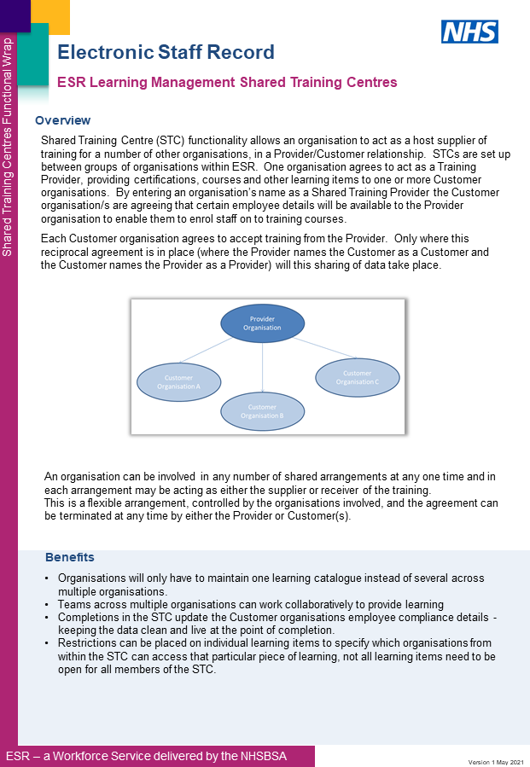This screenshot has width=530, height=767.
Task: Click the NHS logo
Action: [x=469, y=32]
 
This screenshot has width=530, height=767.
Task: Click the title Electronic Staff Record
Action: [x=166, y=52]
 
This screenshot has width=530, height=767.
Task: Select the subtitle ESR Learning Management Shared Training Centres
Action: [x=227, y=83]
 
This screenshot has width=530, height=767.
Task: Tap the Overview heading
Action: [x=62, y=120]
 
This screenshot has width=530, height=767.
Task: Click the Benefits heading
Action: [x=69, y=557]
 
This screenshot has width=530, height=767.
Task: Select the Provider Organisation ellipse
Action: [x=262, y=323]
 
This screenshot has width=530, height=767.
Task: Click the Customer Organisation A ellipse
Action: [x=179, y=381]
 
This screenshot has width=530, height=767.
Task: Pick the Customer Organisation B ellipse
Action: [x=262, y=411]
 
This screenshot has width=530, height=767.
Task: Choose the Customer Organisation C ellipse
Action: [x=357, y=377]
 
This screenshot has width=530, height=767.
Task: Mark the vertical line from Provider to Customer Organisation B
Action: [x=262, y=367]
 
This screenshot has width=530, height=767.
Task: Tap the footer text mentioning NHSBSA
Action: [x=146, y=756]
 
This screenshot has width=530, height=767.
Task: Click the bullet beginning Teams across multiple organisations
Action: [x=250, y=604]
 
